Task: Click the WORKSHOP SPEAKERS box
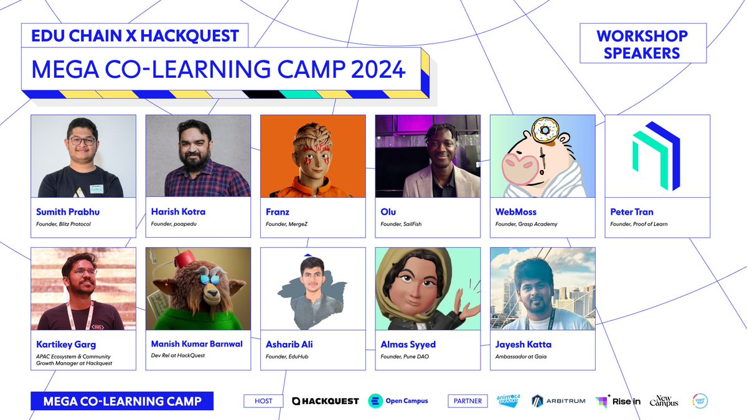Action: point(643,44)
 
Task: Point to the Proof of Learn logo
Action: point(656,156)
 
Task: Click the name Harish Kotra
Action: point(178,212)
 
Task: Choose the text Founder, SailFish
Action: point(401,224)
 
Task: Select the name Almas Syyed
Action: point(408,344)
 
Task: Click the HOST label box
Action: point(264,401)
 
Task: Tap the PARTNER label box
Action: point(467,401)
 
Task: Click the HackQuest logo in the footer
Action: point(326,401)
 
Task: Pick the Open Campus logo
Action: point(398,401)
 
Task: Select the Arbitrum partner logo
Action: point(558,401)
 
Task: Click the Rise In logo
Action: point(618,401)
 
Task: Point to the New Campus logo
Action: point(664,401)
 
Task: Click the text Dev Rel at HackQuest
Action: point(178,355)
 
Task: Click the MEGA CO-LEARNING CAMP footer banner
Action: point(122,401)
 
